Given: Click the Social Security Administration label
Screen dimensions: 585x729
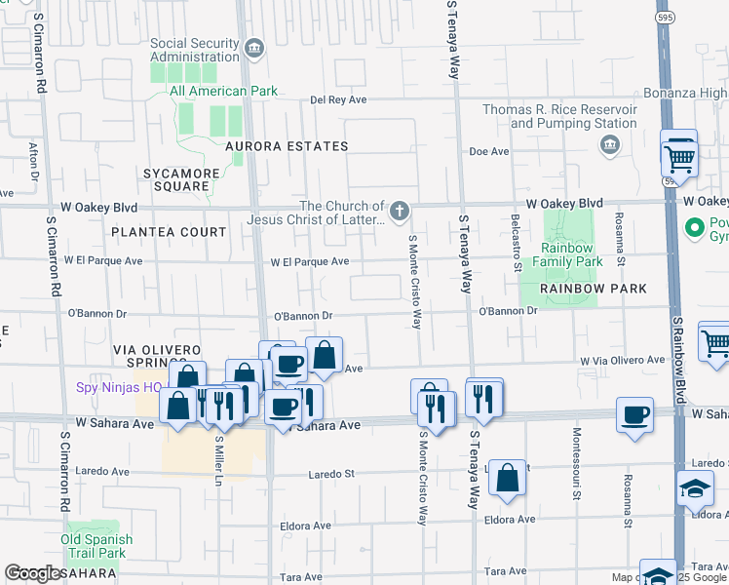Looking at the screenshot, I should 194,49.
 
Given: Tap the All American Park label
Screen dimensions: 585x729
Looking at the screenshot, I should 223,92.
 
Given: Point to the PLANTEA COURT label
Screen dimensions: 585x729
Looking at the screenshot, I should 169,232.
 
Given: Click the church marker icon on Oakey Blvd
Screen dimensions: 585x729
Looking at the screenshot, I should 399,211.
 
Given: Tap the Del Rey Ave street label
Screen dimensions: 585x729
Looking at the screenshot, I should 338,99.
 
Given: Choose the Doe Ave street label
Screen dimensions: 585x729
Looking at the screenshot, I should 489,152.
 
